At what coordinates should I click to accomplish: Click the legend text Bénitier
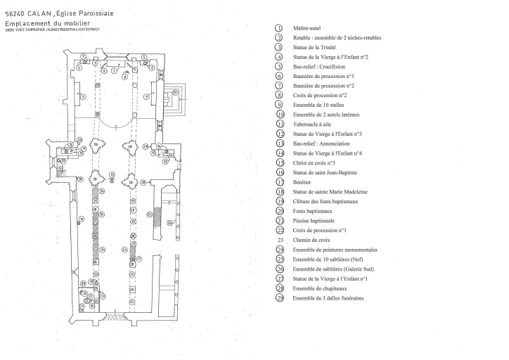tap(304, 181)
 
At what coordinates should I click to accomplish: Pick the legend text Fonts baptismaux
tap(312, 211)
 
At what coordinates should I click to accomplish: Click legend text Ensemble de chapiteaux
tap(321, 288)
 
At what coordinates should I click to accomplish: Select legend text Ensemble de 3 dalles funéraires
tap(328, 298)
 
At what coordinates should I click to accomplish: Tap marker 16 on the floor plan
tap(81, 220)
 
